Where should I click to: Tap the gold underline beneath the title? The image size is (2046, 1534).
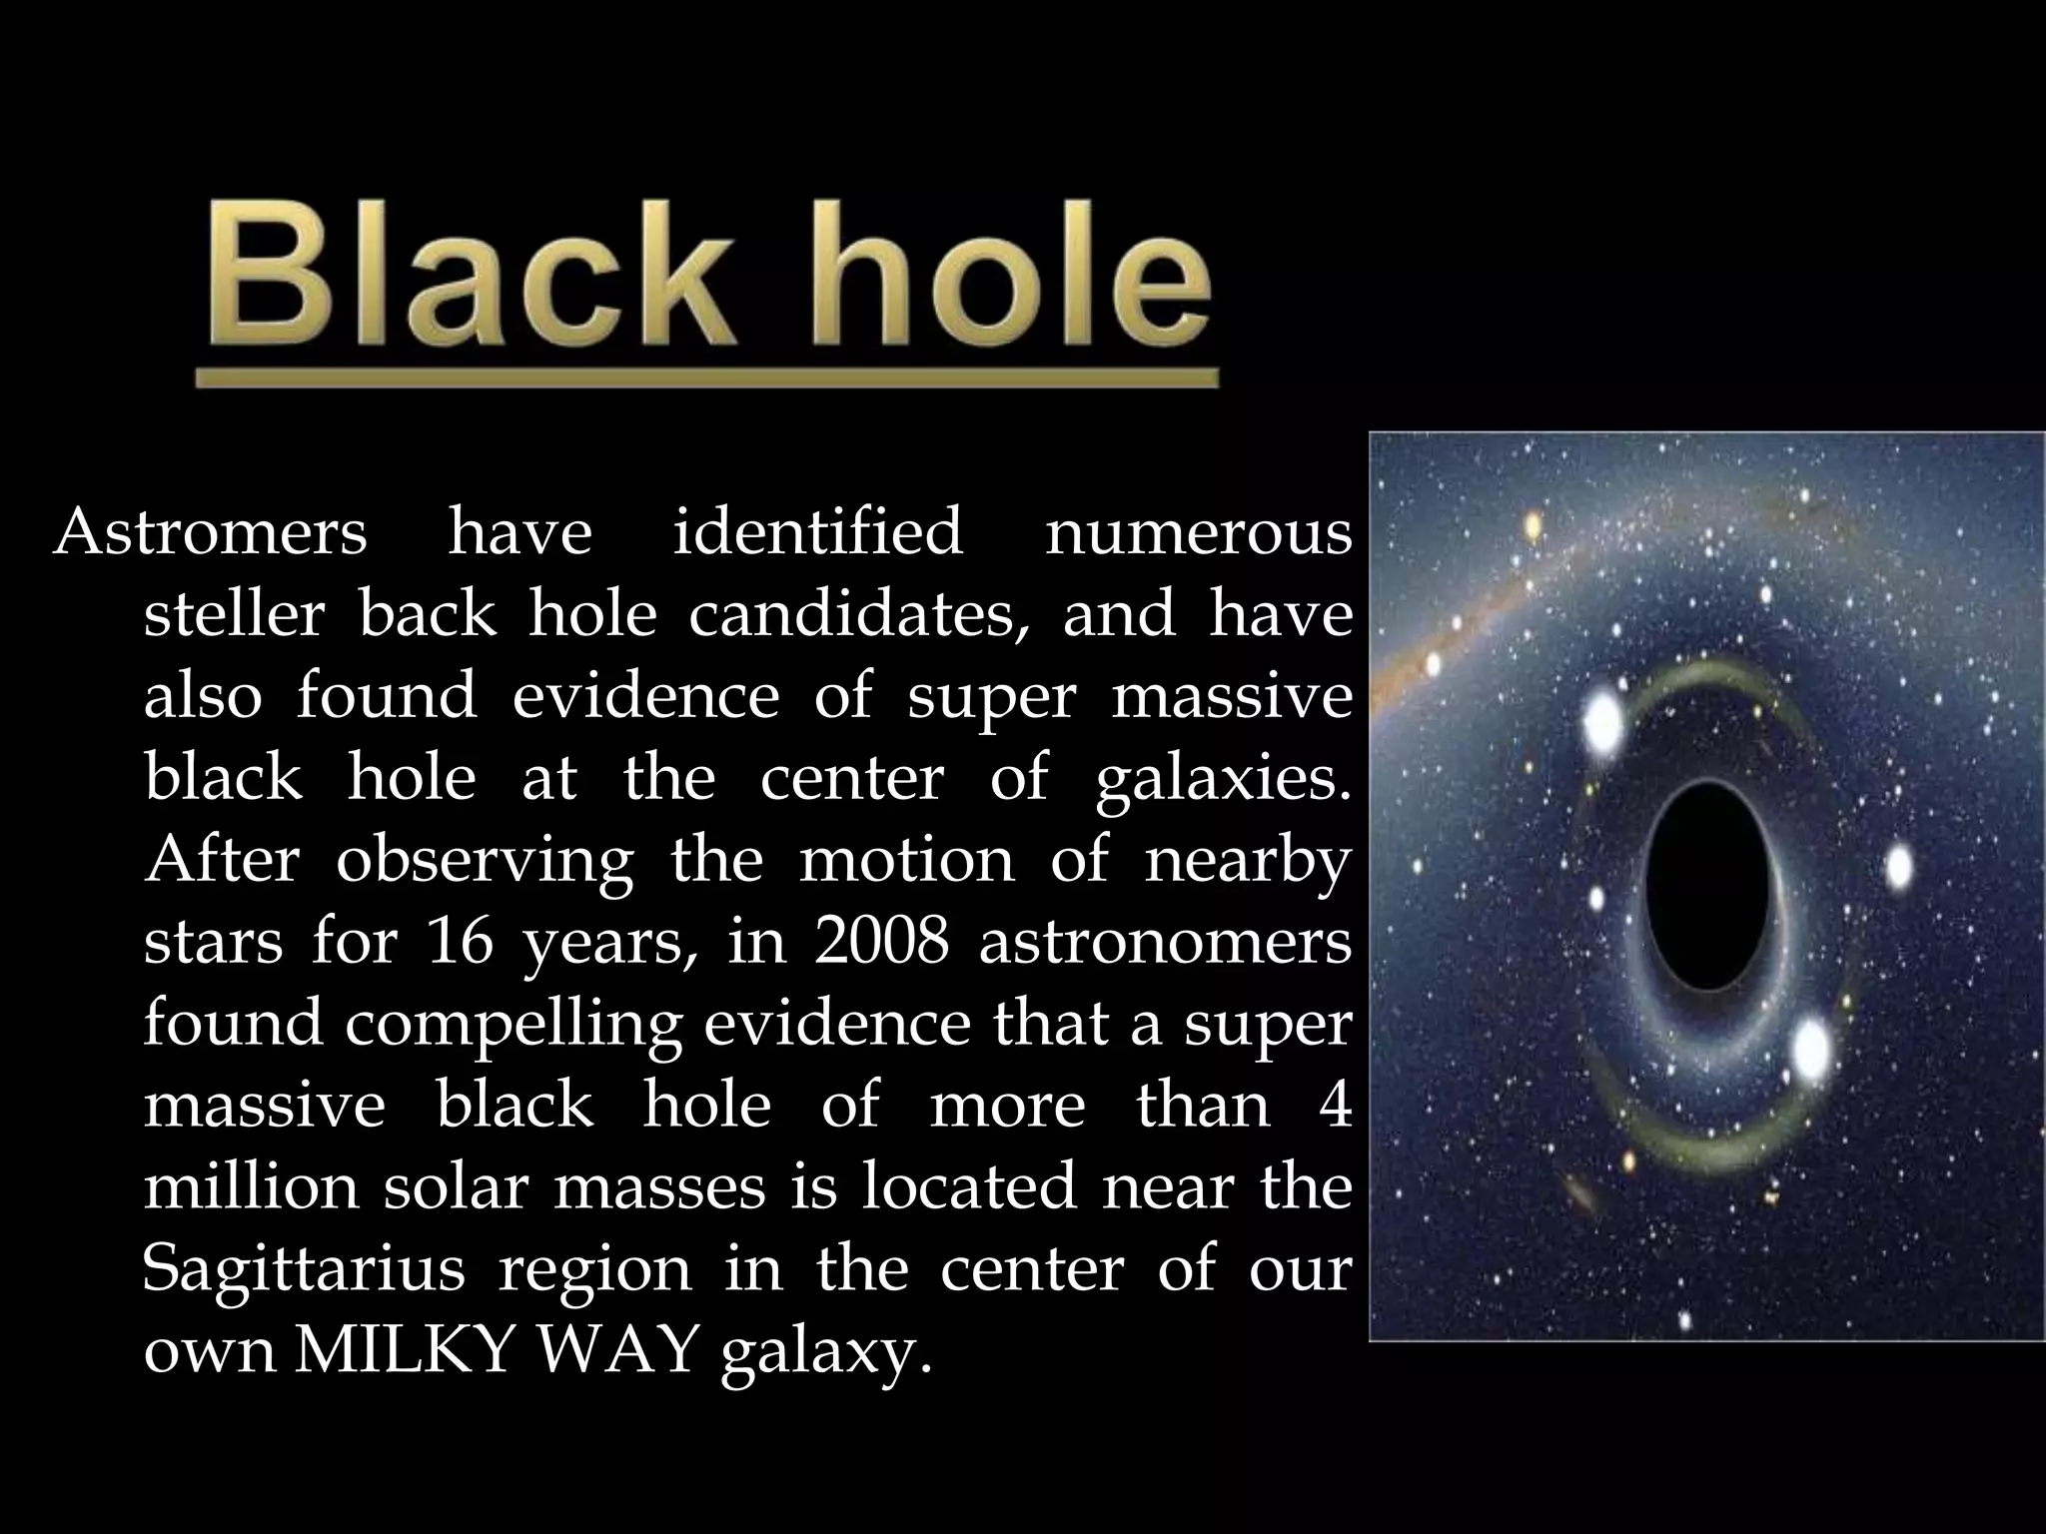click(706, 379)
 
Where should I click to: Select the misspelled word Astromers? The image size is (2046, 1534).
click(211, 531)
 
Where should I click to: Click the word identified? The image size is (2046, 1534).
click(817, 531)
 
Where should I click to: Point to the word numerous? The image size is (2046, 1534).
click(1198, 531)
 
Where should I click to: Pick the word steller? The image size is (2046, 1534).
click(234, 613)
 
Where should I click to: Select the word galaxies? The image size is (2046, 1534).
click(1222, 777)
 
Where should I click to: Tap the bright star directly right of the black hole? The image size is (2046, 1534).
click(1898, 865)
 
